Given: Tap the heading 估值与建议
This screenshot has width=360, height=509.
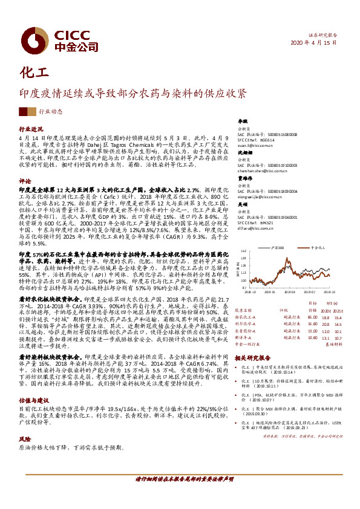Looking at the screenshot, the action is [33, 383].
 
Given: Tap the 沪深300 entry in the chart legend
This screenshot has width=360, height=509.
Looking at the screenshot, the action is [279, 248].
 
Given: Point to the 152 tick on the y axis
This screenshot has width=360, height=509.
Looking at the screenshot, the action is [243, 250].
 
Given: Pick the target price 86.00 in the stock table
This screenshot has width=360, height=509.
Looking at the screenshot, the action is [312, 317].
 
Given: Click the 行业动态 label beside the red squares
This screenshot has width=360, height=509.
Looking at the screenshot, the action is [51, 112].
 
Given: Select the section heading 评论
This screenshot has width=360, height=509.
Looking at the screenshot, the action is [25, 181].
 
